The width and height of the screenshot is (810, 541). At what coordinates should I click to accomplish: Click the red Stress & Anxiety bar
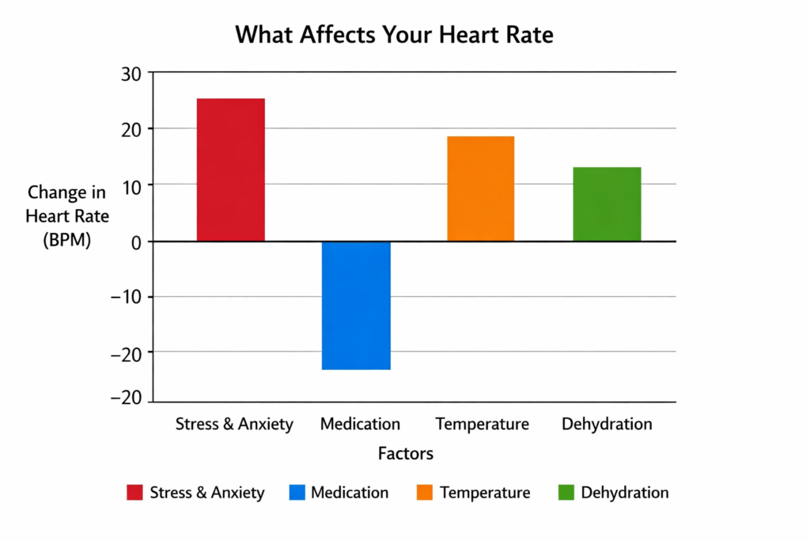click(230, 170)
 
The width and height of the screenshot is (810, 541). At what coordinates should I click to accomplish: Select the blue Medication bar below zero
click(356, 305)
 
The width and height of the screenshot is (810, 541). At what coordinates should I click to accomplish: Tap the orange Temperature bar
click(480, 189)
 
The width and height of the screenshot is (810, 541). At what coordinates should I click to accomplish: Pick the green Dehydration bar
click(607, 204)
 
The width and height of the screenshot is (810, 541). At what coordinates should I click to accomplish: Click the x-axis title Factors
click(405, 454)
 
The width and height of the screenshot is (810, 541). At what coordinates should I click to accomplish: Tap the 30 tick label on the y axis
click(131, 74)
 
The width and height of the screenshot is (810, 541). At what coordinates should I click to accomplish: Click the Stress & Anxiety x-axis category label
click(234, 425)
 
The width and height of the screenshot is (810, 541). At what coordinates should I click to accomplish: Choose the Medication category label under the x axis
click(360, 425)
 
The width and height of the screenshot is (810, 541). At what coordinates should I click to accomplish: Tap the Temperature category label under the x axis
click(482, 425)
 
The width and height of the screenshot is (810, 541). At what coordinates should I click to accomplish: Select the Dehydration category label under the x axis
click(607, 425)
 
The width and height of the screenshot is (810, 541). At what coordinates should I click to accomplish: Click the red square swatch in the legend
click(134, 493)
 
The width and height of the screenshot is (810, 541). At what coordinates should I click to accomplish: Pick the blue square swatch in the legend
click(296, 493)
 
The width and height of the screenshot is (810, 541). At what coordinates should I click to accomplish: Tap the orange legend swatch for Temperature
click(425, 493)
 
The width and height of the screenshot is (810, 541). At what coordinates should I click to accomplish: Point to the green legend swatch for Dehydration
click(566, 493)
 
